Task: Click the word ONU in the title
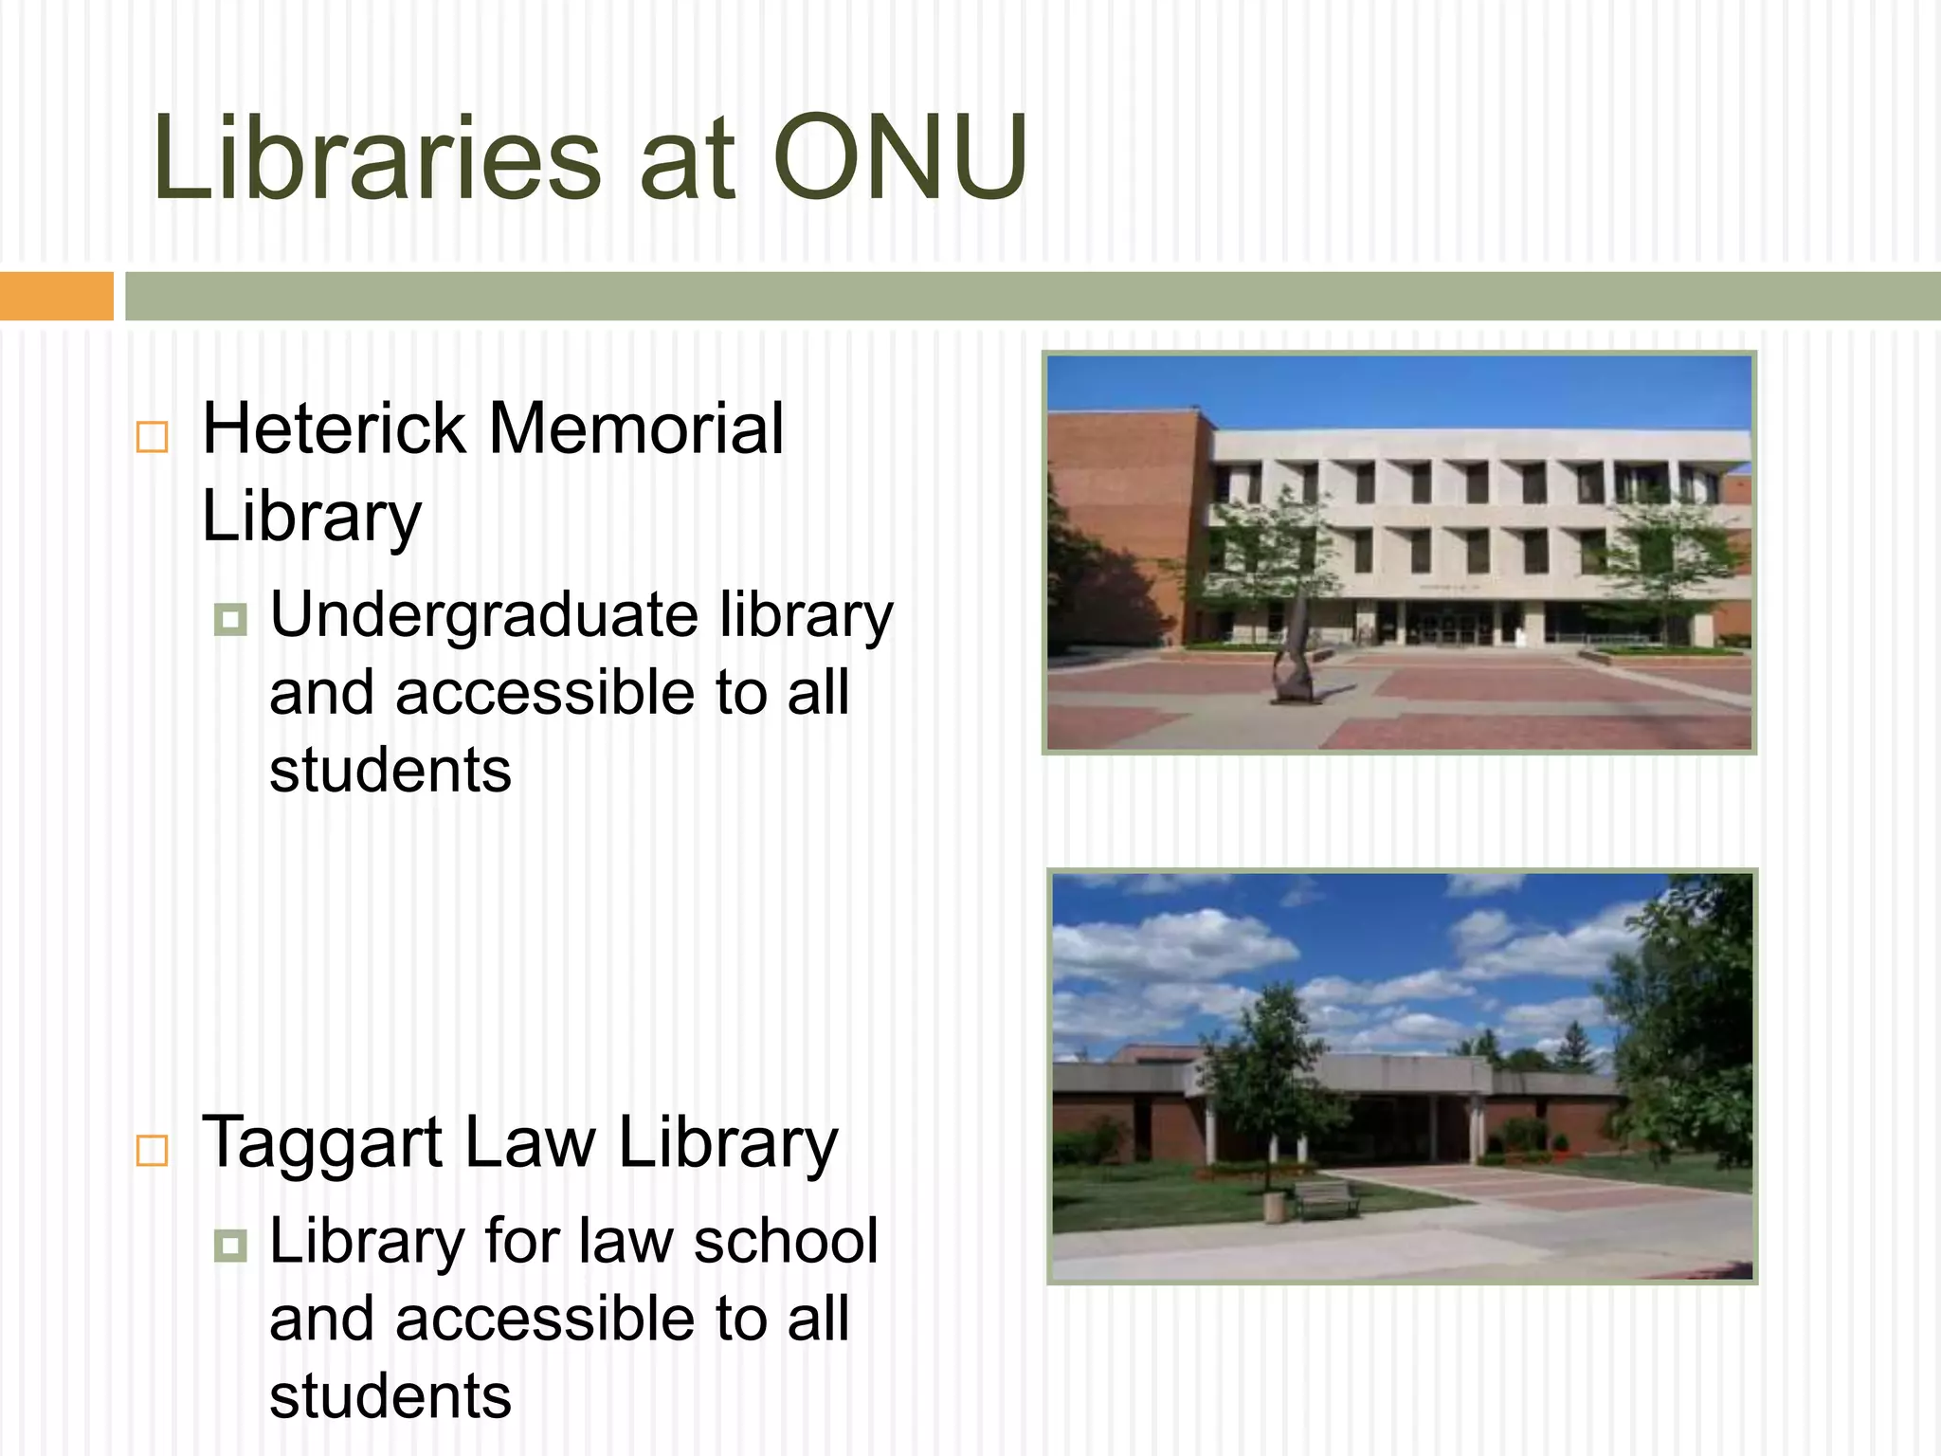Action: [x=900, y=157]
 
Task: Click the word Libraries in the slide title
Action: [x=377, y=157]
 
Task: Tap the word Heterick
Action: [x=334, y=428]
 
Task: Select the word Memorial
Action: [x=636, y=428]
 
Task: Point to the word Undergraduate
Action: [x=484, y=616]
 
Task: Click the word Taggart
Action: [x=322, y=1143]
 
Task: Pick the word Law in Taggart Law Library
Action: [x=531, y=1143]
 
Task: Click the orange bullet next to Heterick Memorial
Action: [x=153, y=437]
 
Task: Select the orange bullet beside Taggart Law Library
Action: [x=153, y=1150]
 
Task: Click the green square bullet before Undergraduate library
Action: [x=230, y=620]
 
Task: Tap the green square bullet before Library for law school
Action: [x=230, y=1245]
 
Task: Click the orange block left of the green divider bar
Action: [x=56, y=296]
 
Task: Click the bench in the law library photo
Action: [x=1325, y=1198]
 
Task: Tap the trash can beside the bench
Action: [x=1275, y=1207]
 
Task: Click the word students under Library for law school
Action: [x=390, y=1397]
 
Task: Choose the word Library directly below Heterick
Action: [x=312, y=518]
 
